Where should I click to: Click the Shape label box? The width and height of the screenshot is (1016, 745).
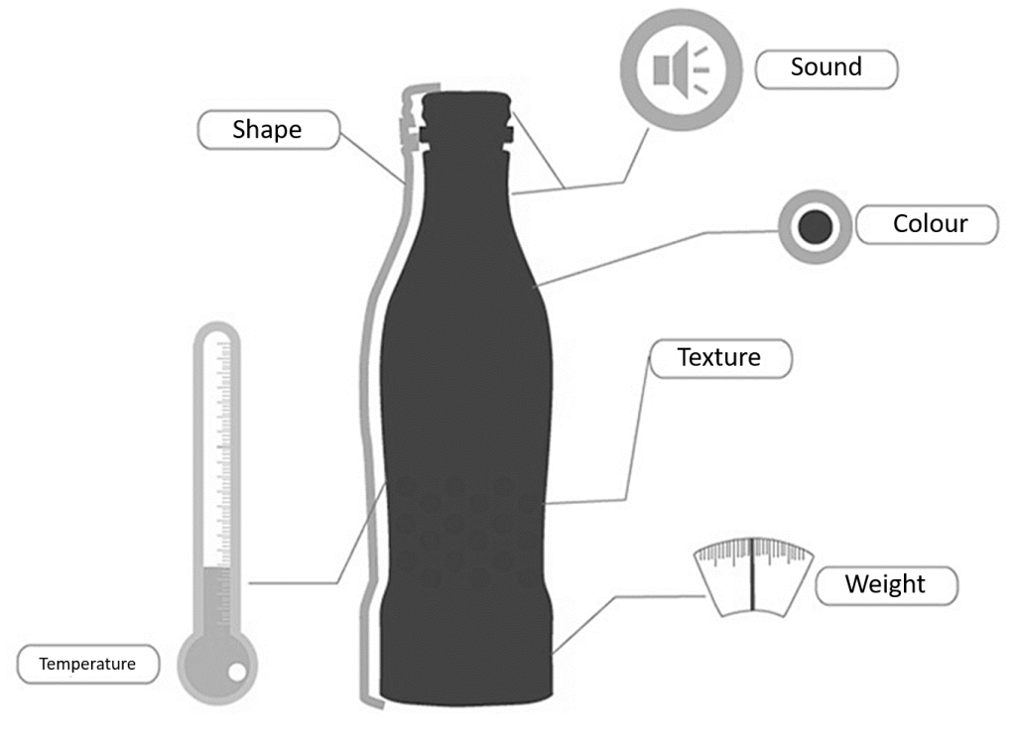(268, 129)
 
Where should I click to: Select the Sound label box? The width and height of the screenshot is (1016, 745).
(826, 68)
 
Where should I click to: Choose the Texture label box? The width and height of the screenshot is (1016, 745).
(720, 358)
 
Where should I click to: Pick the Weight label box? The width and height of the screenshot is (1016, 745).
(886, 584)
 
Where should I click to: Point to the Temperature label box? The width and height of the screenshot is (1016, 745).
(88, 664)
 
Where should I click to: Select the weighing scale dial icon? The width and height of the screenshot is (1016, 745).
(754, 575)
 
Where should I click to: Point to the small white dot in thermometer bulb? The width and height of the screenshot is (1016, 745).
(236, 674)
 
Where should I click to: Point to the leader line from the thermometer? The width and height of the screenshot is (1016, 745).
(298, 582)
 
